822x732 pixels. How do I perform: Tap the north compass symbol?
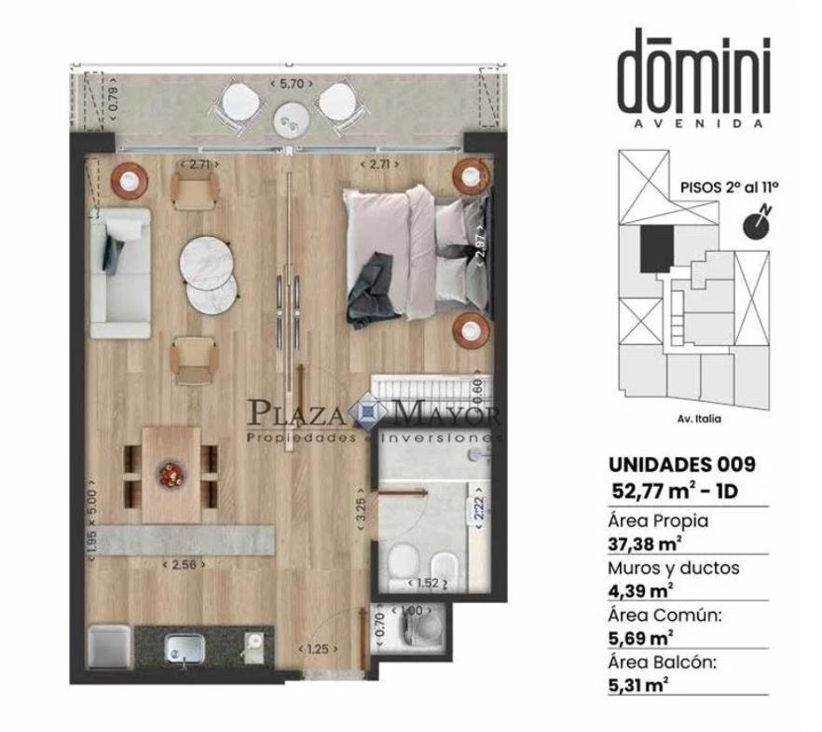tap(757, 224)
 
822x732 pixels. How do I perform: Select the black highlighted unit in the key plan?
tap(656, 248)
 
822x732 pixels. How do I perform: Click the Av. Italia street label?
tap(699, 419)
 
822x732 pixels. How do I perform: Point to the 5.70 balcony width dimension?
tap(292, 83)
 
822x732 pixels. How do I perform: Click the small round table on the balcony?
tap(289, 120)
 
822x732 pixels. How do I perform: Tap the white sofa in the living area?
tap(120, 272)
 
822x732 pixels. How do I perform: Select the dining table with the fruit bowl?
tap(171, 475)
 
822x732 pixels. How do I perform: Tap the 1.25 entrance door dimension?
tap(318, 649)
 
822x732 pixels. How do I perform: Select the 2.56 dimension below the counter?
tap(184, 565)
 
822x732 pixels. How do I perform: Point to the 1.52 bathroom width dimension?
tap(427, 583)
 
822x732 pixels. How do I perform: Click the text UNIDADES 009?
tap(682, 464)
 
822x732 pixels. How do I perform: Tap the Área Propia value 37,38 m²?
tap(645, 545)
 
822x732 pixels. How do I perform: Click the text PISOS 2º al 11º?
tap(729, 187)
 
